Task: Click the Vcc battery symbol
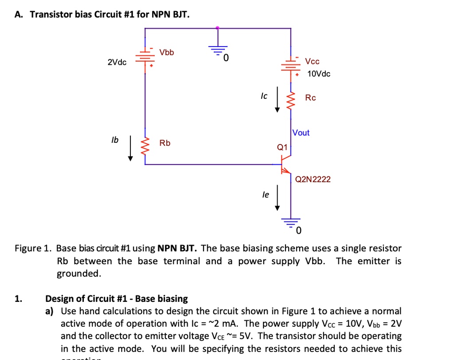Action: pos(291,67)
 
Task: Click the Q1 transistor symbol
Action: pos(286,164)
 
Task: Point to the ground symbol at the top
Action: pos(217,49)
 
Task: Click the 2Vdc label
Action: pos(117,62)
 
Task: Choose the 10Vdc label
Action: pos(318,74)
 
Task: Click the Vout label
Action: pos(301,133)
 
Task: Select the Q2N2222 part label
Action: pos(313,179)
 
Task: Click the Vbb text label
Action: pos(167,52)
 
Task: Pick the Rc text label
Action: pos(310,98)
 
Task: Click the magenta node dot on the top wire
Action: pos(217,28)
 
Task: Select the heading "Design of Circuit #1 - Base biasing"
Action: pos(117,298)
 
